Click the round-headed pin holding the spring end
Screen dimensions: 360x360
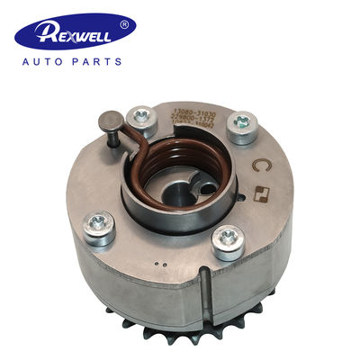click(108, 121)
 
